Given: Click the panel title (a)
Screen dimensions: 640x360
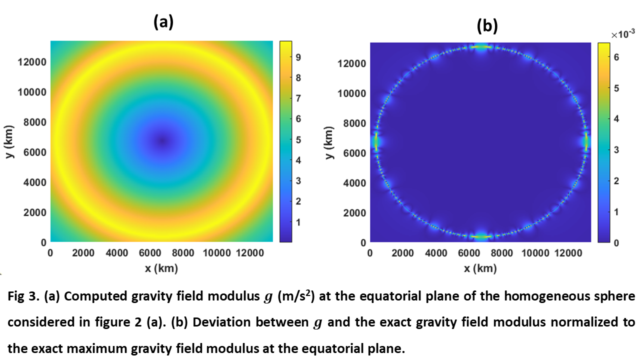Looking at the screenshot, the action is pos(163,22).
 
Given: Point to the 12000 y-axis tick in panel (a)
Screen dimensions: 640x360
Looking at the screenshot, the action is pos(32,62).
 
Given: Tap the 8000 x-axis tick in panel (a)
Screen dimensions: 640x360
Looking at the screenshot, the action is pos(183,253).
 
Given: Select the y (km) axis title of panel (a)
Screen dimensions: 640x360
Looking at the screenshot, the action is pos(9,141).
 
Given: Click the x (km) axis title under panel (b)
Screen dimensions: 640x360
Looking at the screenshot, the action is pos(480,268).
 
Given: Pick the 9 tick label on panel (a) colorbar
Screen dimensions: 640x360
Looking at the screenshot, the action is pos(298,57).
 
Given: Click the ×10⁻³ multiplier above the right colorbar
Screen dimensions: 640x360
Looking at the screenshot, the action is pos(623,34).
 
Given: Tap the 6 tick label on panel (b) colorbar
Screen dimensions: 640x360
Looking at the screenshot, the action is pos(616,57).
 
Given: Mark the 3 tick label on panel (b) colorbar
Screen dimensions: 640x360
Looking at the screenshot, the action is pos(616,150).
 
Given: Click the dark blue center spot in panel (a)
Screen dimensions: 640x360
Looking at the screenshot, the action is pos(162,140).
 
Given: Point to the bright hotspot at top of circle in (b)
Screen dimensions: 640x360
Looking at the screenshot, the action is pos(481,47).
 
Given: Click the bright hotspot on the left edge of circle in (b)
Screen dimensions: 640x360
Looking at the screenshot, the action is pos(376,141).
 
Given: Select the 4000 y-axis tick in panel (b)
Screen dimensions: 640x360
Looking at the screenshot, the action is pos(354,183).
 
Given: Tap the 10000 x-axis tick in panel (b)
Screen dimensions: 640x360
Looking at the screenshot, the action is pos(535,253).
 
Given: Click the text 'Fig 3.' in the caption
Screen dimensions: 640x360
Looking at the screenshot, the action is pos(23,296).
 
